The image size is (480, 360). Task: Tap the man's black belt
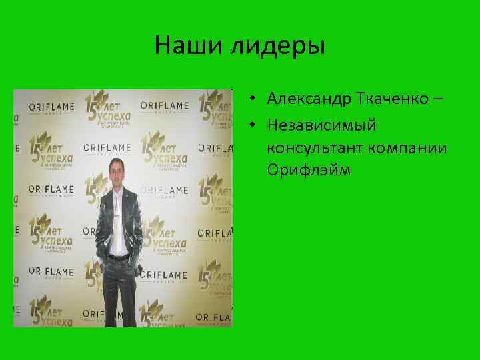118,257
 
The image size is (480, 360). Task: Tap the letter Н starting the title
162,46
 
